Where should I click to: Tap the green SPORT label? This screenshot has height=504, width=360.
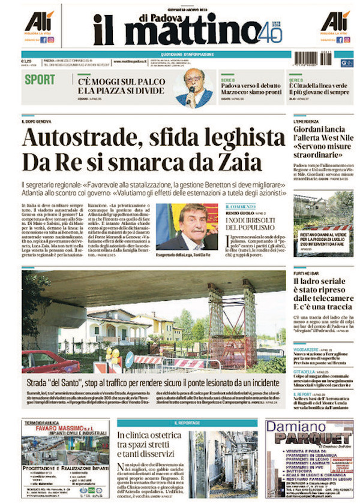tap(40, 80)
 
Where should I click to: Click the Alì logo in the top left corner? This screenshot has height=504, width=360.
tap(39, 22)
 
